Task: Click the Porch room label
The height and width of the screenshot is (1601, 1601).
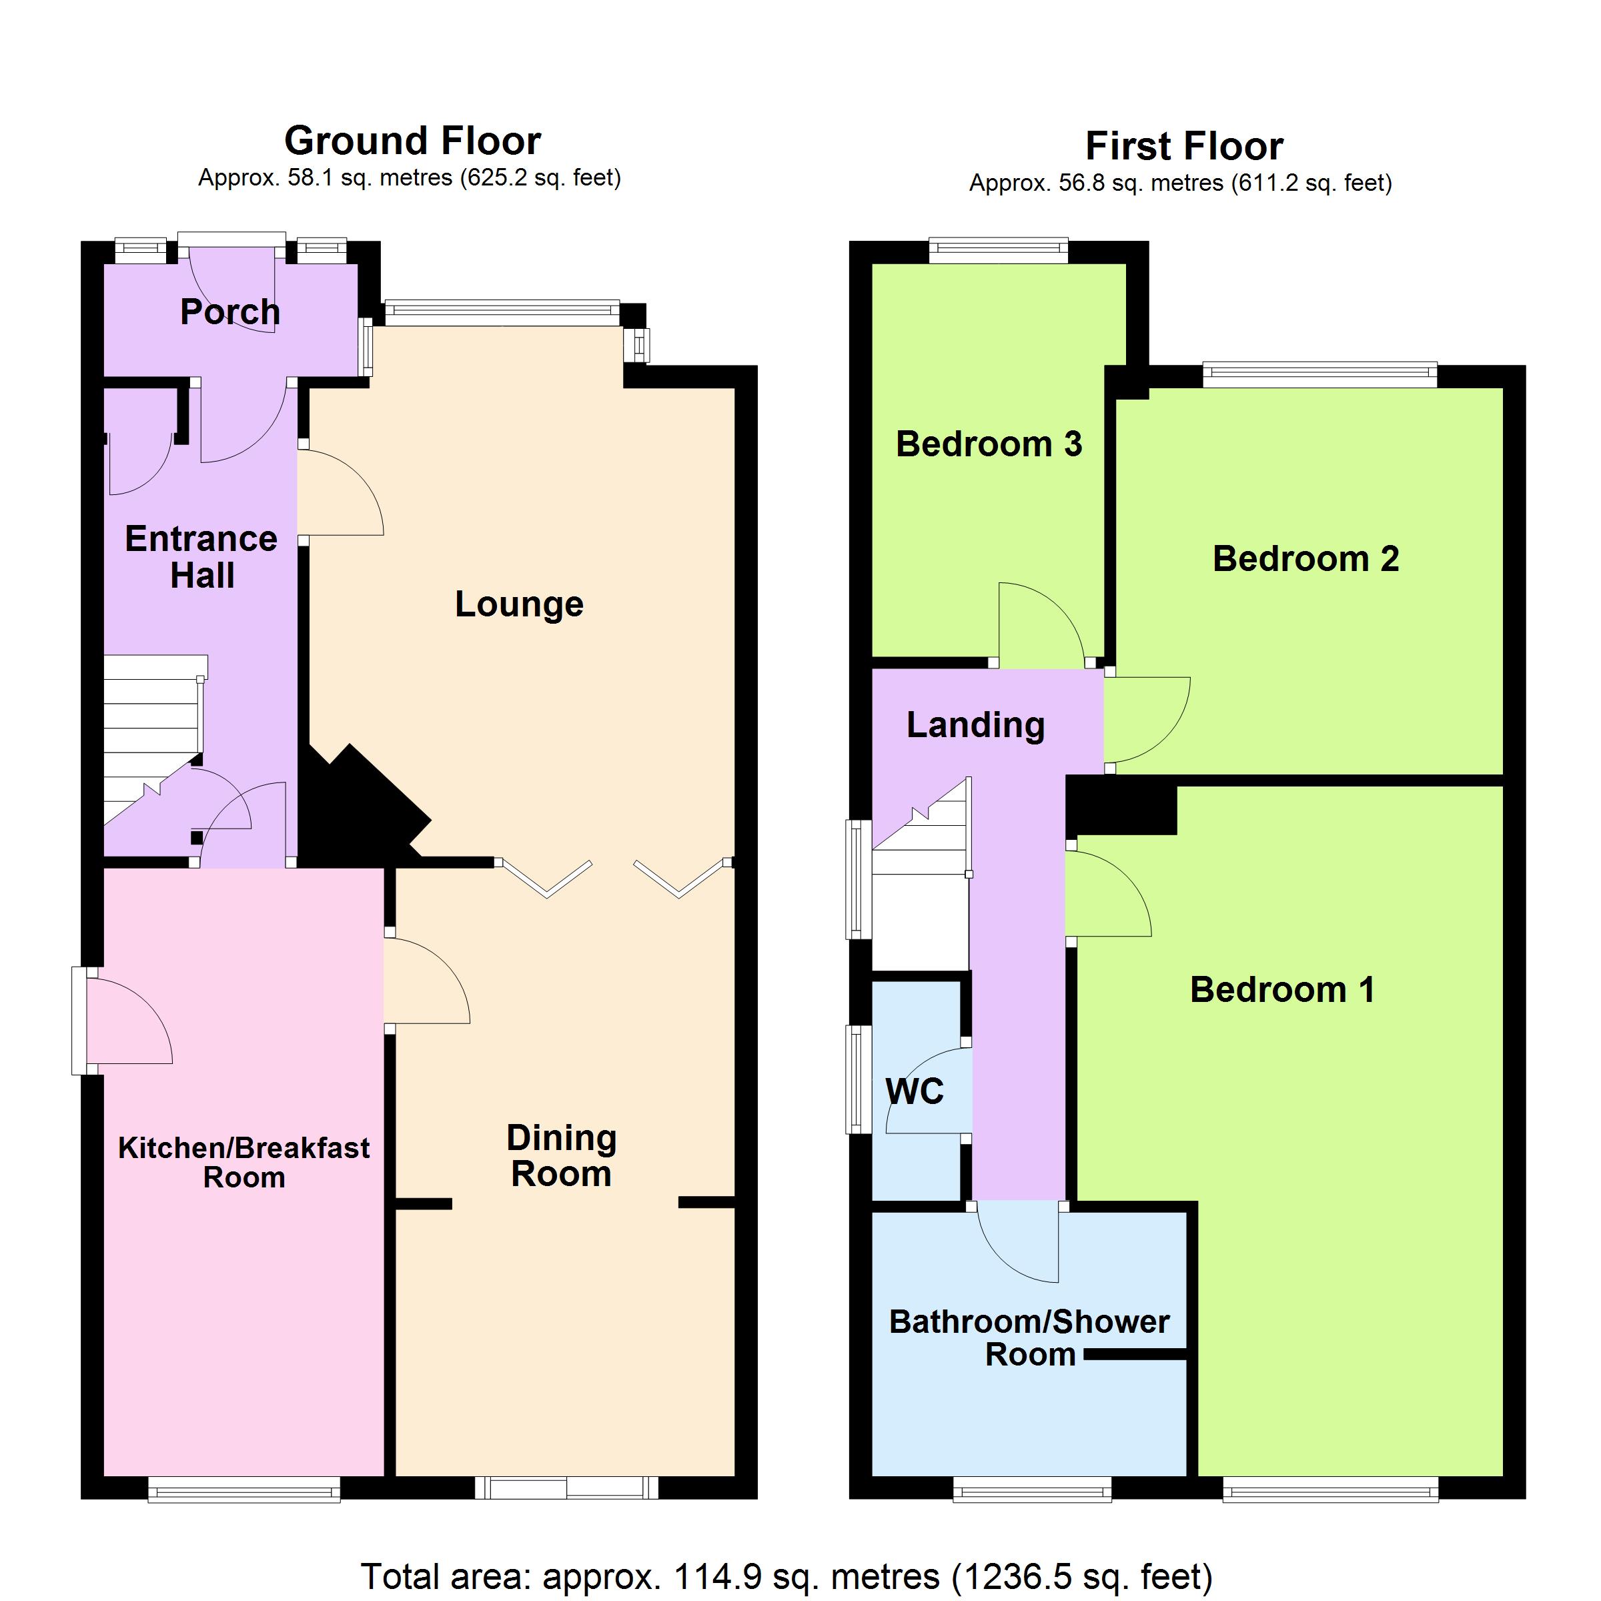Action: [230, 312]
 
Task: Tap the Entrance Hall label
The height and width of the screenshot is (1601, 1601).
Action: [201, 557]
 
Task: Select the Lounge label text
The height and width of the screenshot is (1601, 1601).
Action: [519, 604]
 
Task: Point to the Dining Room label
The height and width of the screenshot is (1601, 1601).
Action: [562, 1155]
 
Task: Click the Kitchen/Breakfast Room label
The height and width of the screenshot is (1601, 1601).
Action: [243, 1162]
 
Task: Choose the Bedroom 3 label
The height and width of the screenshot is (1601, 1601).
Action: [989, 444]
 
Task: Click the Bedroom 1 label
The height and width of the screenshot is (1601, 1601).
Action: [1283, 989]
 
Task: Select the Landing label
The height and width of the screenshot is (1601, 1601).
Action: [975, 725]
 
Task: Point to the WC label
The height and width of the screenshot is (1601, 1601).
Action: [915, 1091]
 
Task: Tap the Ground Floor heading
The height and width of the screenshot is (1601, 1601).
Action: [413, 141]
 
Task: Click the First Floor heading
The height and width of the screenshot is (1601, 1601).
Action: [1184, 147]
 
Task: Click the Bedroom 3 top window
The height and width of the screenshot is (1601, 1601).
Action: [999, 250]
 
